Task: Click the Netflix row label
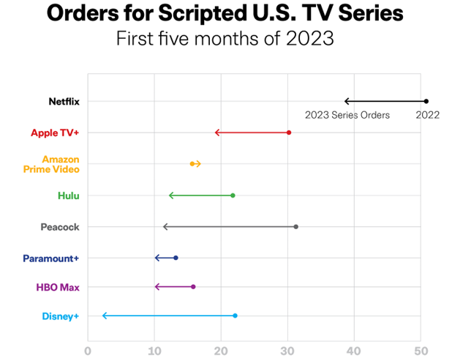pyautogui.click(x=64, y=102)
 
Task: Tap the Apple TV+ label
pyautogui.click(x=55, y=133)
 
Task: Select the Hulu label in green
pyautogui.click(x=69, y=196)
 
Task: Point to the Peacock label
pyautogui.click(x=60, y=227)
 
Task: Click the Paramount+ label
pyautogui.click(x=51, y=258)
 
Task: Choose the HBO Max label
pyautogui.click(x=58, y=288)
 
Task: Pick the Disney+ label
pyautogui.click(x=61, y=316)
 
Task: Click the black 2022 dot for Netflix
pyautogui.click(x=426, y=101)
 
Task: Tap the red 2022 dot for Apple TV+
pyautogui.click(x=289, y=133)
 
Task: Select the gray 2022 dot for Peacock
pyautogui.click(x=295, y=227)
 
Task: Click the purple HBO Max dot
pyautogui.click(x=193, y=287)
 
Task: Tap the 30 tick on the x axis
pyautogui.click(x=287, y=351)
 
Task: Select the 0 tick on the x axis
pyautogui.click(x=88, y=351)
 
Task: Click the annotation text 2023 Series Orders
pyautogui.click(x=347, y=115)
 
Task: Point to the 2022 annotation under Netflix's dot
pyautogui.click(x=427, y=115)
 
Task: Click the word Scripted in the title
pyautogui.click(x=203, y=14)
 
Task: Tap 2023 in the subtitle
pyautogui.click(x=310, y=38)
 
